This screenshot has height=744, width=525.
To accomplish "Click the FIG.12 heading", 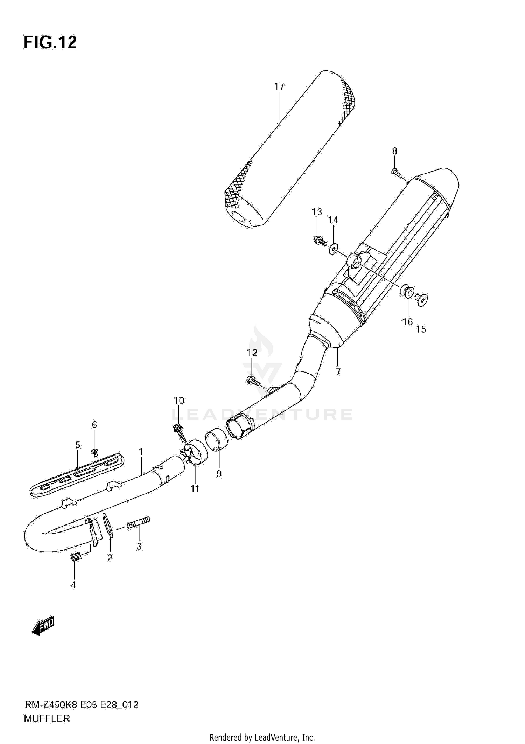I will click(50, 43).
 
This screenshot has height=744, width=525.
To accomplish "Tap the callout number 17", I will click(279, 86).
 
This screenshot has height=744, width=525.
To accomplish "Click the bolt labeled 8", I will click(395, 172).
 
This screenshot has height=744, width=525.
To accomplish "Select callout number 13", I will click(317, 212).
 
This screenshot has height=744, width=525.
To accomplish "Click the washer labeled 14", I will click(334, 249).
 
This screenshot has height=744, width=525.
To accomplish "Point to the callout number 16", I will click(407, 322).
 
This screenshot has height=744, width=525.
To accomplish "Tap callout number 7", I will click(338, 372).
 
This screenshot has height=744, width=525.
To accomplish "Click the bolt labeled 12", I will click(253, 381).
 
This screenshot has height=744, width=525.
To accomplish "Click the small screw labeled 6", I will click(94, 452).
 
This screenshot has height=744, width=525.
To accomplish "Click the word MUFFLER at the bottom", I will click(47, 719).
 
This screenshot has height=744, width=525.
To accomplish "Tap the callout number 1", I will click(141, 452).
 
